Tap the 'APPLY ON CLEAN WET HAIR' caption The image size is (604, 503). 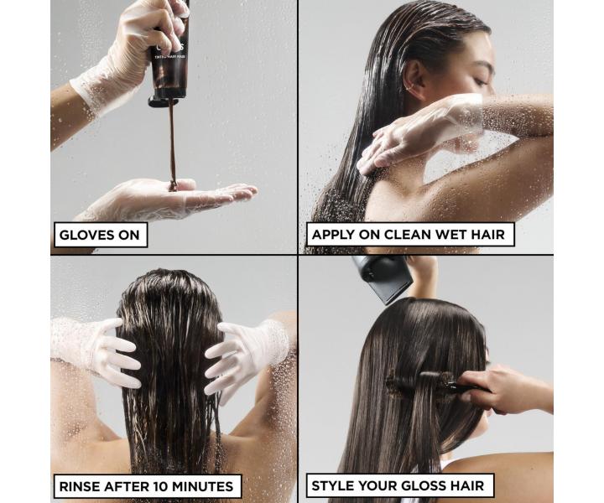pos(408,234)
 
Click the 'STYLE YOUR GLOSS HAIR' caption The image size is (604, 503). pos(398,485)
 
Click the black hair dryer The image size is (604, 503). pos(382,277)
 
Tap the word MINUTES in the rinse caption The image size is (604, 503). pos(200,485)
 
